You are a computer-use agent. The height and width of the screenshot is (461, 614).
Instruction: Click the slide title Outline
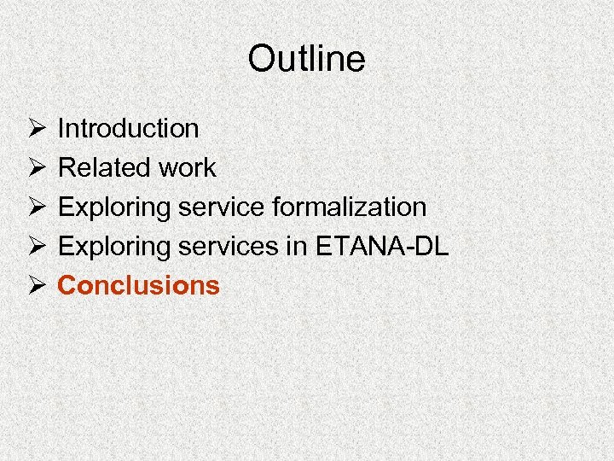point(306,59)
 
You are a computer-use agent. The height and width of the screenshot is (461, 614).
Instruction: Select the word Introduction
point(128,129)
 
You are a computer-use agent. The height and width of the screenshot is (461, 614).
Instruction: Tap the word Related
point(101,168)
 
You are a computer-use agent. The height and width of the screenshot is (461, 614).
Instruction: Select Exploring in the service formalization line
point(112,207)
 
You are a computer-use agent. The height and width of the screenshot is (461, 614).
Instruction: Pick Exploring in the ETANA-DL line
point(112,247)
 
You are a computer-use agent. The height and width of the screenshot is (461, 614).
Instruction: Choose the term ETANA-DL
point(382,247)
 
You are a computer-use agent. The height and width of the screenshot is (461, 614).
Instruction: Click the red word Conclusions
point(138,285)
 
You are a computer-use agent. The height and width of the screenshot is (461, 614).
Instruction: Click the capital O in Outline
point(259,59)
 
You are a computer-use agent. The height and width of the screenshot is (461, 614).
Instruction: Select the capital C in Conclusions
point(67,285)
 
